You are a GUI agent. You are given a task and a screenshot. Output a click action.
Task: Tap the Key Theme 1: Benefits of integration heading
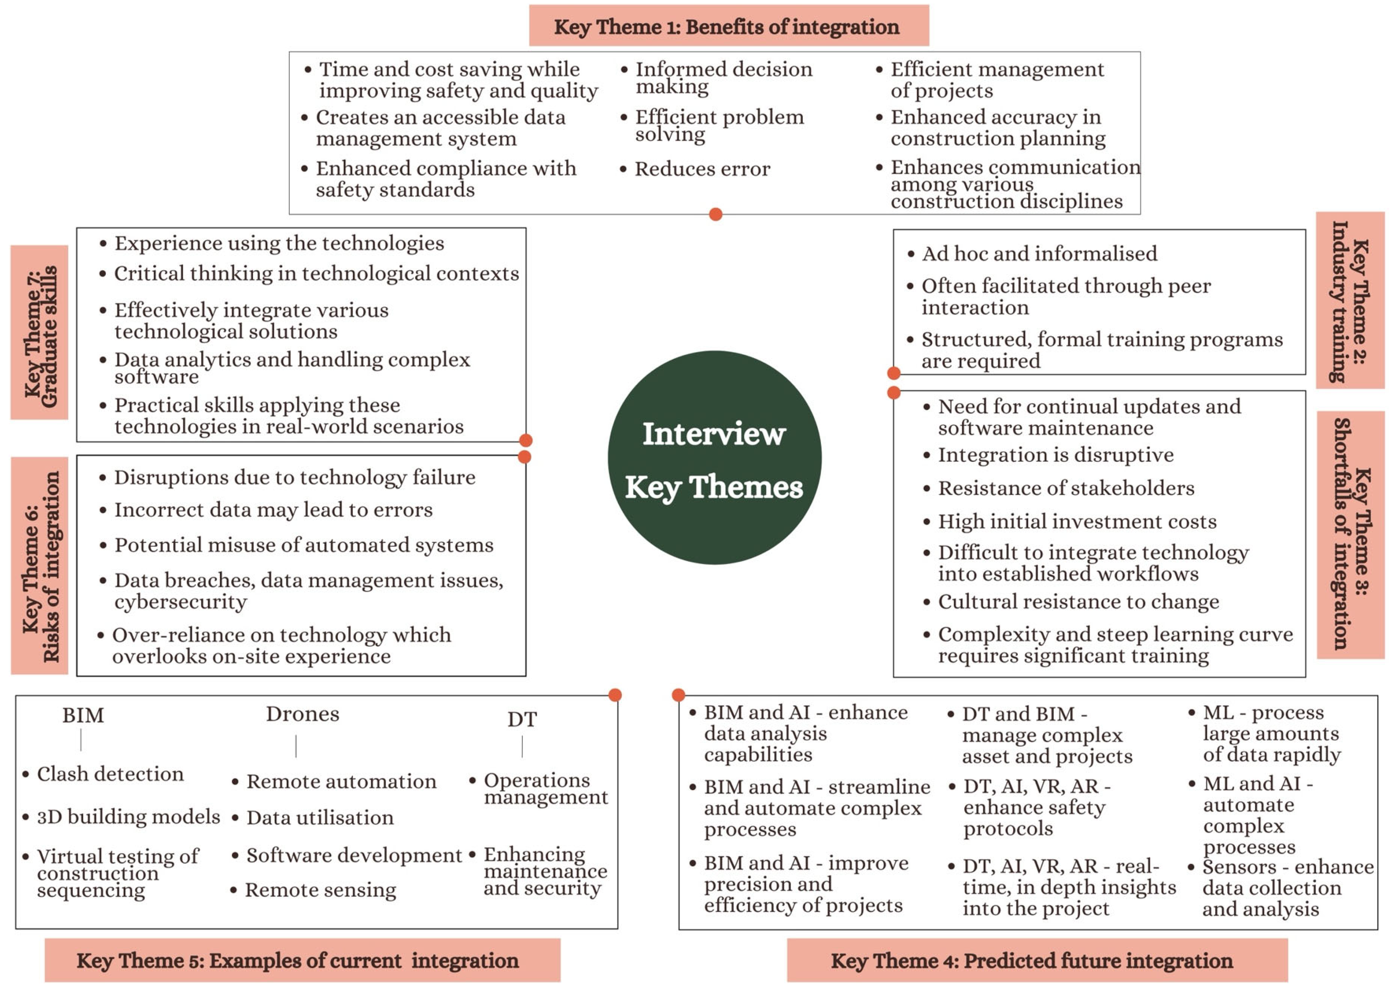(728, 26)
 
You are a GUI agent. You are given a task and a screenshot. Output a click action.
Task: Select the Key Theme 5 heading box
(302, 960)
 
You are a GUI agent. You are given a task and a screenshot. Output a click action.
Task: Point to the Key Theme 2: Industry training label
(1350, 300)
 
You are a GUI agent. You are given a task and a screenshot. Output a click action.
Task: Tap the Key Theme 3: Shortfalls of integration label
(1350, 534)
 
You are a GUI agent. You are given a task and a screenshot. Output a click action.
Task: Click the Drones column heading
(302, 714)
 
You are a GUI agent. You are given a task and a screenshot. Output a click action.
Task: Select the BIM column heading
(83, 715)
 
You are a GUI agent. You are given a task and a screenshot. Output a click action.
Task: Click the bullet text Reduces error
(702, 169)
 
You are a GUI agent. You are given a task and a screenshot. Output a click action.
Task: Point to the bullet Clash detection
(110, 774)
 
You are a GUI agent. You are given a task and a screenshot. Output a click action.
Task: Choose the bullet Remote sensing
(320, 889)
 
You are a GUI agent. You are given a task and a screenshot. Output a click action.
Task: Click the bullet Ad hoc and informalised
(1039, 253)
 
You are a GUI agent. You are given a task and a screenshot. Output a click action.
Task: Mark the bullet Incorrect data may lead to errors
(273, 509)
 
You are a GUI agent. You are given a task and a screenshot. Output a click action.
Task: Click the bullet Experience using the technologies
(279, 243)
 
